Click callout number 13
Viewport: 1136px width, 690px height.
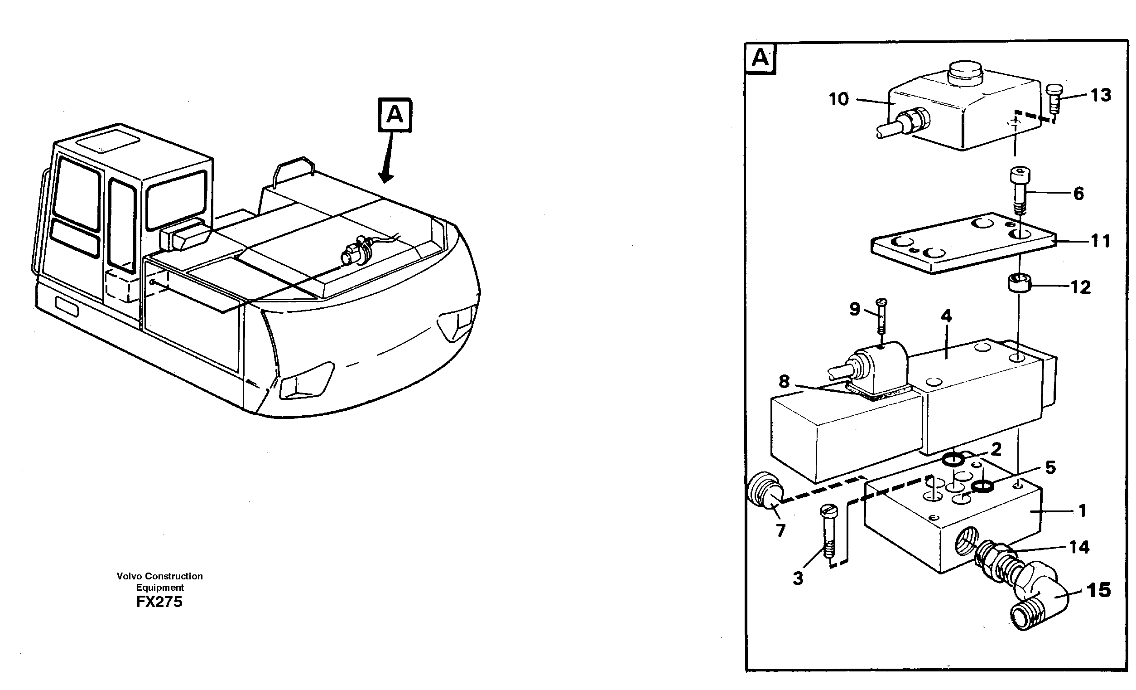point(1101,96)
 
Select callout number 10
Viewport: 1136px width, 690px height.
point(838,99)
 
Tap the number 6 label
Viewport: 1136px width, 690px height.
point(1078,194)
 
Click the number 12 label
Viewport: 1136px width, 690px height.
point(1080,287)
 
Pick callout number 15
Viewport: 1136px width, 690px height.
point(1099,590)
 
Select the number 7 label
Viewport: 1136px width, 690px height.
point(780,531)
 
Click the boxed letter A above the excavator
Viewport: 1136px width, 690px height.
point(395,115)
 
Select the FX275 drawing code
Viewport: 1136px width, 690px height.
point(159,603)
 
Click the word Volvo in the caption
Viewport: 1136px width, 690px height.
point(129,576)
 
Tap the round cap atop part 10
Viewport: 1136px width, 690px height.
point(966,75)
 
